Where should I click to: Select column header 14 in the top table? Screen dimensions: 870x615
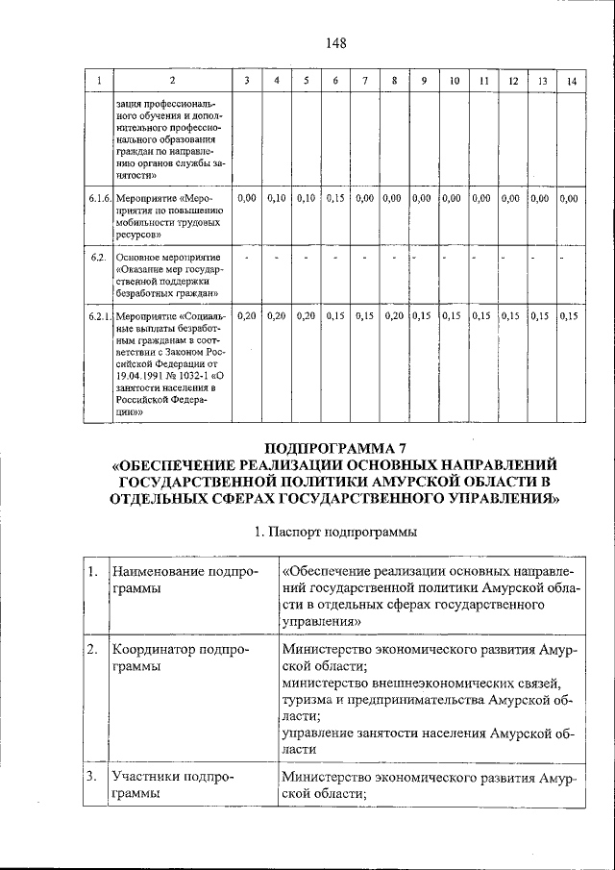tap(571, 81)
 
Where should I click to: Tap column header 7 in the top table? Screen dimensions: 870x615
tap(364, 81)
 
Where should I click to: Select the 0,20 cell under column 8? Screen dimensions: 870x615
tap(393, 315)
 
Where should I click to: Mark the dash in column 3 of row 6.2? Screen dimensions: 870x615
tap(247, 257)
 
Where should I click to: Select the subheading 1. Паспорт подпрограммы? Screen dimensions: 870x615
tap(335, 531)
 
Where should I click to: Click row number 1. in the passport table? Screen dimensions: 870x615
tap(92, 573)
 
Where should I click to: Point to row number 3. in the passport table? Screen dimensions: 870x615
tap(92, 776)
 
